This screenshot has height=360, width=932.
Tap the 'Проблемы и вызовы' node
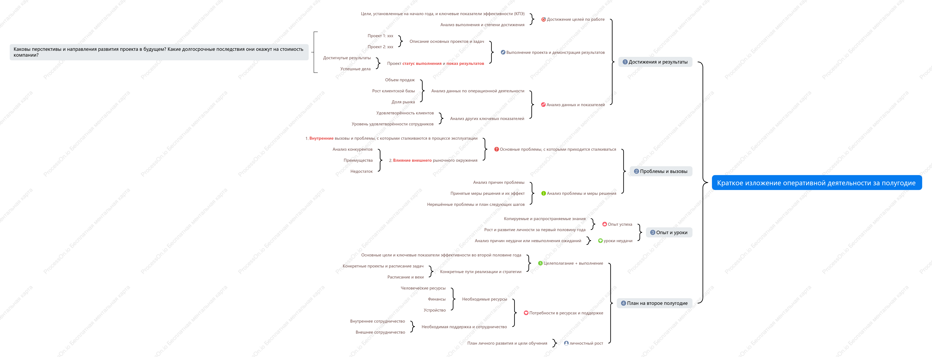coord(661,171)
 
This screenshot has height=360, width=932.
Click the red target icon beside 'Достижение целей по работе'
coord(543,19)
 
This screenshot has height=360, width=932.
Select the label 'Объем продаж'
coord(400,80)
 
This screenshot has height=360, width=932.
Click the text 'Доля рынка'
coord(403,102)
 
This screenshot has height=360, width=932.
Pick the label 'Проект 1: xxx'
coord(380,36)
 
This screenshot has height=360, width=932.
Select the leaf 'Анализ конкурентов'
coord(352,149)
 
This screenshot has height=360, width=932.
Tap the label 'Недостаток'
coord(361,171)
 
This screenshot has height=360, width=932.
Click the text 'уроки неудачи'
coord(618,241)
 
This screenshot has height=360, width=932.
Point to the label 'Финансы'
coord(437,299)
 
